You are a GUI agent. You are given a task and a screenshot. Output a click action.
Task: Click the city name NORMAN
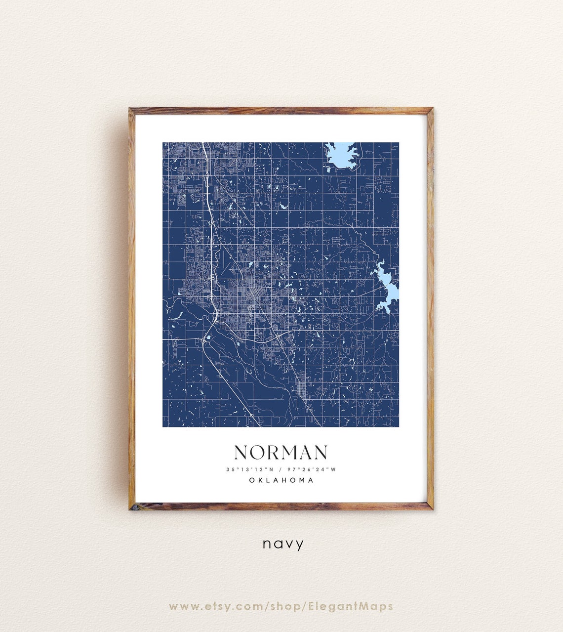[x=281, y=453]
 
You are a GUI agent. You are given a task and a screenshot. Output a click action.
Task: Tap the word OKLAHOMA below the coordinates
[x=281, y=480]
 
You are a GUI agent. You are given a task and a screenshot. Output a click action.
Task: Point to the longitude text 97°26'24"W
[x=313, y=469]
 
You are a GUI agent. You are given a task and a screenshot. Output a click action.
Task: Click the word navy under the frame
[x=283, y=544]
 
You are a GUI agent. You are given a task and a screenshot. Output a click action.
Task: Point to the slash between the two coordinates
[x=281, y=469]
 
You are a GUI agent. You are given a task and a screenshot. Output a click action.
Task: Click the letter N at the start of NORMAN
[x=240, y=453]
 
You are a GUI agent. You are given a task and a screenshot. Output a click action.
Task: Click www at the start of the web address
[x=182, y=606]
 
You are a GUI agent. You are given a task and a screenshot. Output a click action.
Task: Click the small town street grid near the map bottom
[x=301, y=390]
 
